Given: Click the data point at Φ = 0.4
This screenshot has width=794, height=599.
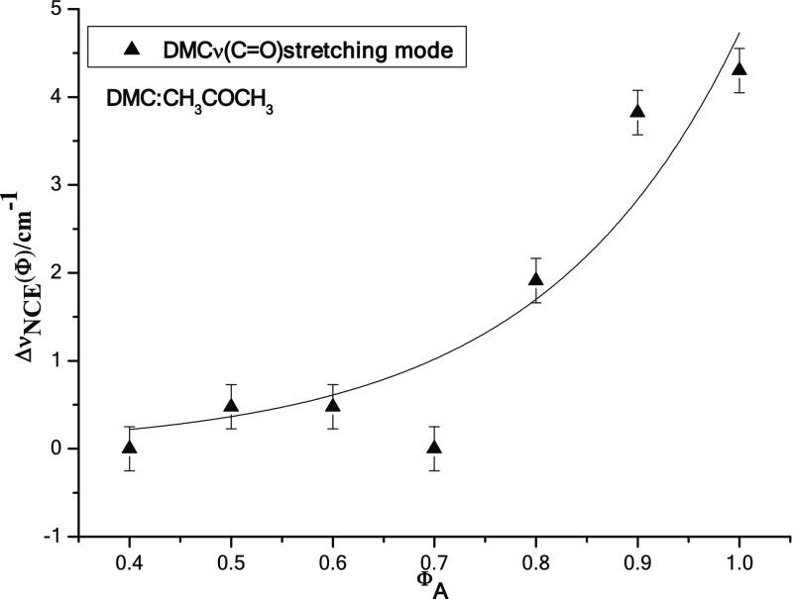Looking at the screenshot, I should [x=129, y=448].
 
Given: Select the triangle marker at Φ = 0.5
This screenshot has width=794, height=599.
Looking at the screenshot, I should [x=231, y=405].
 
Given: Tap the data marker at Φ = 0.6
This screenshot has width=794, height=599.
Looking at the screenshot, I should [x=332, y=405].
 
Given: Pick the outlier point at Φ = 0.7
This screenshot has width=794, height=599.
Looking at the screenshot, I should [x=434, y=448].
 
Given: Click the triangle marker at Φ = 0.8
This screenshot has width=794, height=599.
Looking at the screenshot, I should [x=536, y=279].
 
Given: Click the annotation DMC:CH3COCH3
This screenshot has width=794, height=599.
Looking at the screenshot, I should [x=190, y=99].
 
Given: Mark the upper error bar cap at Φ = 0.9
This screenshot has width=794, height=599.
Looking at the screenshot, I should [x=637, y=91].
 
